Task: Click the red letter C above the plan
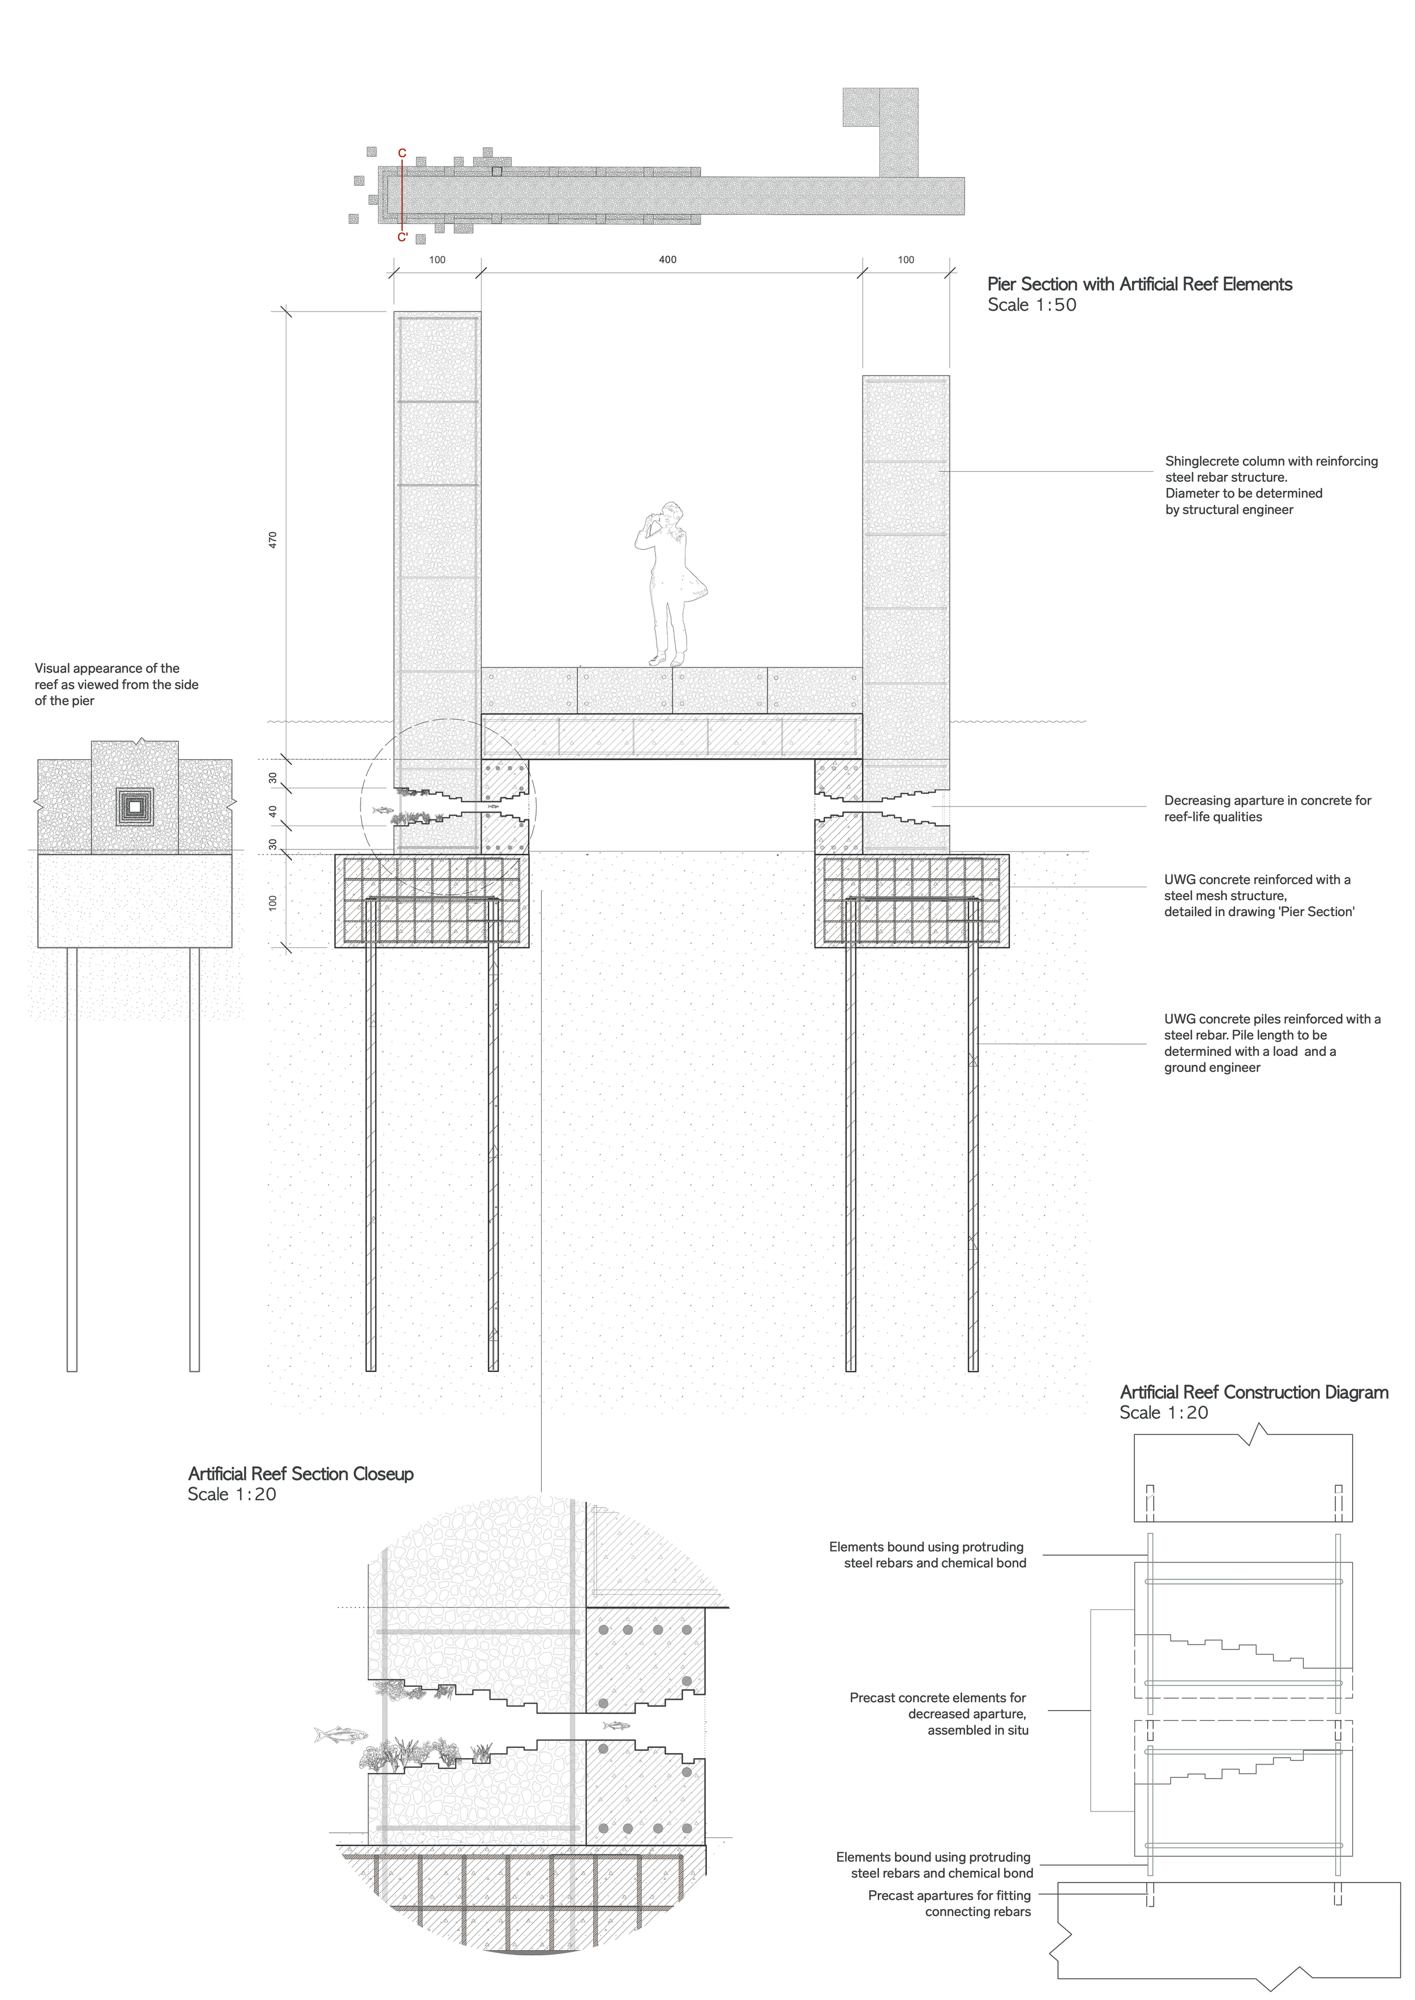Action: tap(402, 153)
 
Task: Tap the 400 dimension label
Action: tap(667, 260)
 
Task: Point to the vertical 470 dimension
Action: tap(273, 540)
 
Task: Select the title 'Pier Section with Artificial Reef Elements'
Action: tap(1139, 284)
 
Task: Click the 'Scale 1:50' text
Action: tap(1032, 305)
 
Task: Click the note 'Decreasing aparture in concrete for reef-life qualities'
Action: tap(1267, 809)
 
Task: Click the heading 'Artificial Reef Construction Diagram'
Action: tap(1254, 1392)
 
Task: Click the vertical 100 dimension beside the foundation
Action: tap(273, 903)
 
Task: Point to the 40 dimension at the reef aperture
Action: tap(273, 810)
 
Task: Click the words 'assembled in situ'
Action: tap(977, 1730)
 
